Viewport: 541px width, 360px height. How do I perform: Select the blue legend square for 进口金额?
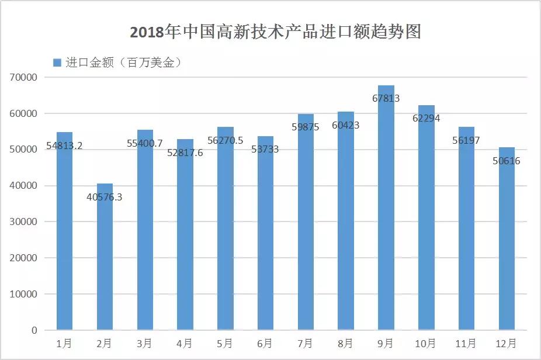click(x=57, y=63)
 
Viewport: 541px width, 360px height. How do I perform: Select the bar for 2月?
click(x=105, y=263)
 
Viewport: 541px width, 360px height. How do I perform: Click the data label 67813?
click(x=386, y=99)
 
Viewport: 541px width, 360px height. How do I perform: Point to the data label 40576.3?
click(x=104, y=197)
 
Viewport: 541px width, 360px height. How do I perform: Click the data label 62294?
click(x=426, y=119)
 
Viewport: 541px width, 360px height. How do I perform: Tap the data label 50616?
click(x=506, y=161)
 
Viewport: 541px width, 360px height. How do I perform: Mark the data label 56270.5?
click(x=225, y=140)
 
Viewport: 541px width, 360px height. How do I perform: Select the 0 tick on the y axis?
click(x=34, y=331)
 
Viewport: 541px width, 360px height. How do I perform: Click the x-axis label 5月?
click(x=225, y=343)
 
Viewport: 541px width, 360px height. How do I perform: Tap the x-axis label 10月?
click(x=426, y=343)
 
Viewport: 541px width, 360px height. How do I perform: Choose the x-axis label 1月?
click(x=64, y=343)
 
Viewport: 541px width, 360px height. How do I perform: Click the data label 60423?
click(x=345, y=125)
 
